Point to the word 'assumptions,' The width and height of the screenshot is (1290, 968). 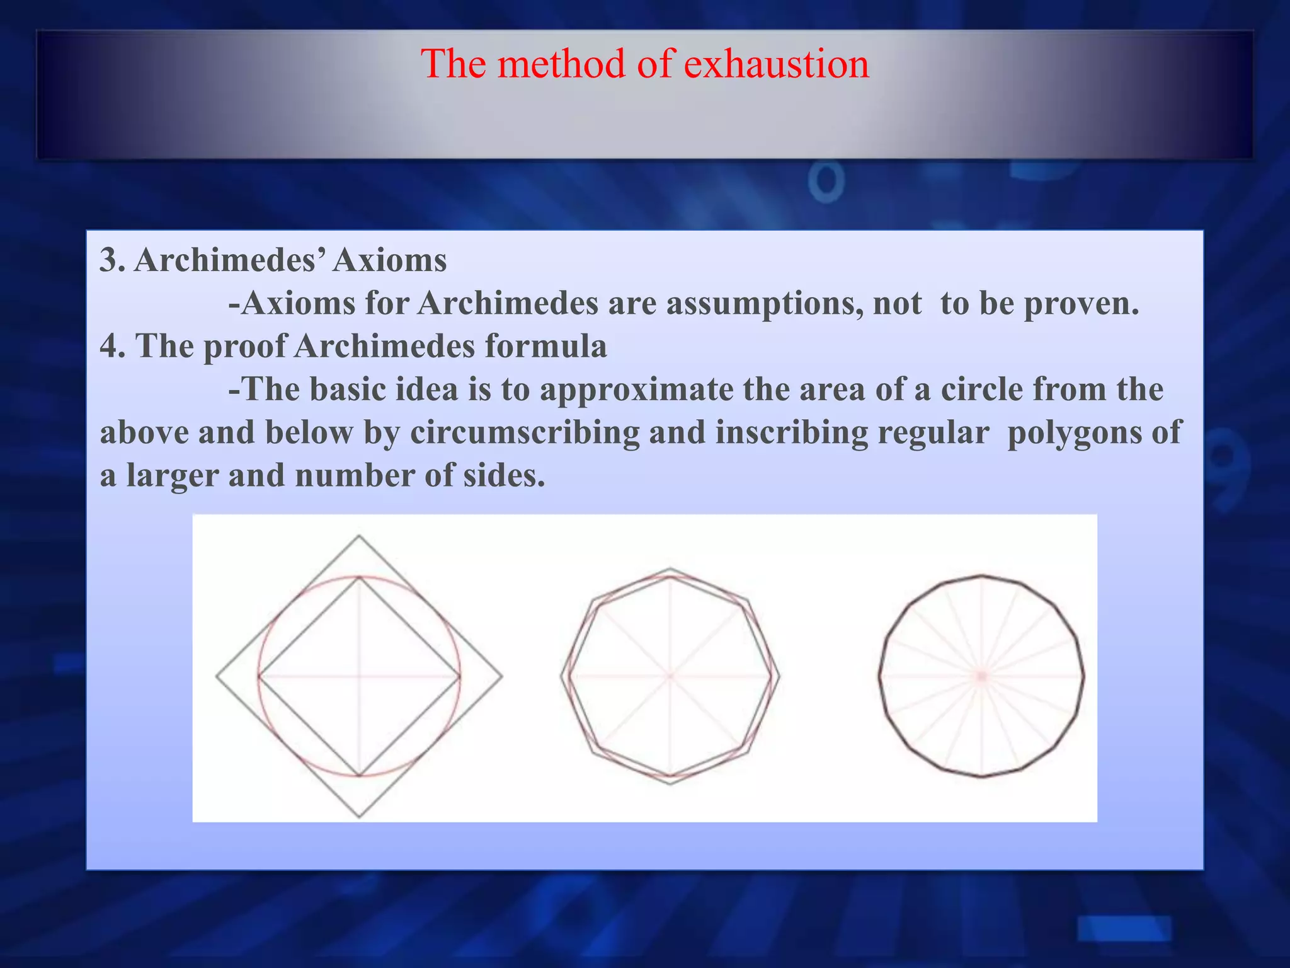(x=765, y=304)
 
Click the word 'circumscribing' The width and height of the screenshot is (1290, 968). (x=525, y=432)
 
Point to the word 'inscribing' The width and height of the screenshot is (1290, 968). (x=792, y=432)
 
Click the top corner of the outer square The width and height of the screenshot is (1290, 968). (x=359, y=536)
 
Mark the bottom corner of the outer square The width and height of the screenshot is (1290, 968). (x=359, y=817)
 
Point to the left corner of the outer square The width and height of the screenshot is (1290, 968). (x=217, y=677)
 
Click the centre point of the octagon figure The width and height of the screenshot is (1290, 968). (x=670, y=676)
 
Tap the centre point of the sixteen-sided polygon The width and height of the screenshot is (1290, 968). (x=981, y=676)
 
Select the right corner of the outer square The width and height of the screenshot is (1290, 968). (x=502, y=677)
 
